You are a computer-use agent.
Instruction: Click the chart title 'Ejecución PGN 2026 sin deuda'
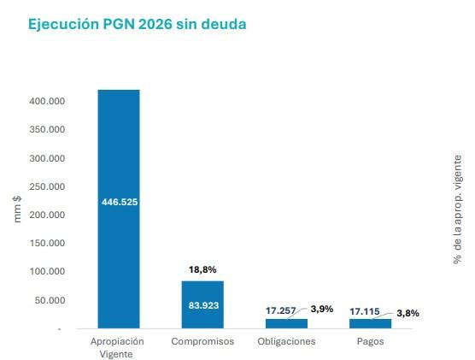(x=138, y=25)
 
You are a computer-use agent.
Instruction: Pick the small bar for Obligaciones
(x=286, y=324)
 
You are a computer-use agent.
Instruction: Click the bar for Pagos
(x=370, y=324)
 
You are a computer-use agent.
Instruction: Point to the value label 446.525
(x=119, y=202)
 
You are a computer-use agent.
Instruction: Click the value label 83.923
(x=202, y=305)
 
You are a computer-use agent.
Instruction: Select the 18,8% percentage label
(x=202, y=269)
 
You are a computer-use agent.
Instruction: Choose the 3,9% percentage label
(x=321, y=309)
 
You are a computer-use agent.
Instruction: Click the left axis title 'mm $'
(x=18, y=209)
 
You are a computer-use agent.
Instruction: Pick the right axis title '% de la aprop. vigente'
(x=458, y=210)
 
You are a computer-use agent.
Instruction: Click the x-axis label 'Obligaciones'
(x=286, y=341)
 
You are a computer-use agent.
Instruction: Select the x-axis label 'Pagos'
(x=371, y=341)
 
